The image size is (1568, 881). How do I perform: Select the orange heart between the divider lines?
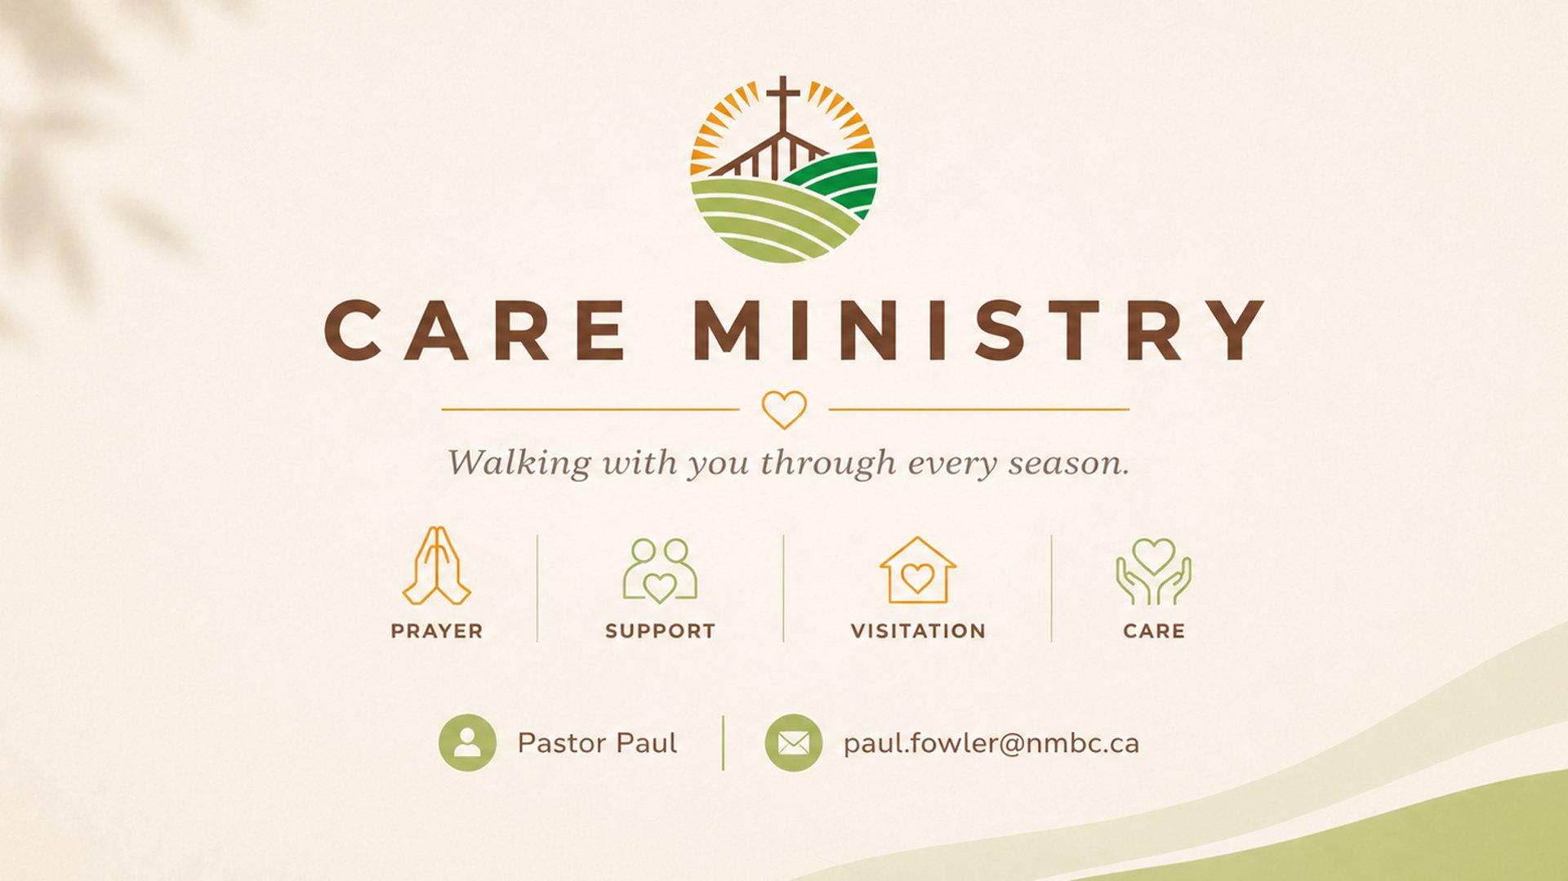[784, 409]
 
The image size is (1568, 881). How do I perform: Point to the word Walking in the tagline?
[519, 463]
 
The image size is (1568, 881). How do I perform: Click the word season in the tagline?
[1069, 463]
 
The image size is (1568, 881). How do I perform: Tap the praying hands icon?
[437, 565]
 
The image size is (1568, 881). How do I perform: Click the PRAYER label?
[437, 631]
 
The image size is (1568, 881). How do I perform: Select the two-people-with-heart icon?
[660, 570]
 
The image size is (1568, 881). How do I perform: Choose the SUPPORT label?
[660, 631]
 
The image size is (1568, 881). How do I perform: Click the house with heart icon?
[918, 570]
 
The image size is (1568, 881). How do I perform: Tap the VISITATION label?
[918, 631]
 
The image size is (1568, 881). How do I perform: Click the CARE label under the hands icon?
[1153, 631]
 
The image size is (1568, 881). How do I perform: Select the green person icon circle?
[467, 743]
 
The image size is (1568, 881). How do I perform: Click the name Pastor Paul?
[597, 743]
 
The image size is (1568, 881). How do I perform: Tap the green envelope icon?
[793, 743]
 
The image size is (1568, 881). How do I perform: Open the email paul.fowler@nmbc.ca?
[991, 744]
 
